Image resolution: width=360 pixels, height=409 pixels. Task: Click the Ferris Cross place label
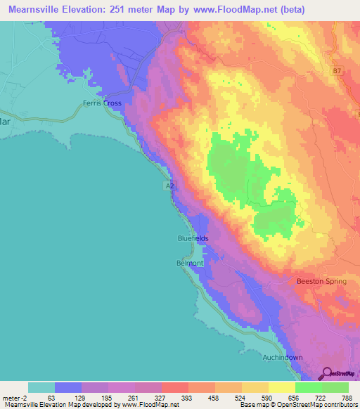coord(102,103)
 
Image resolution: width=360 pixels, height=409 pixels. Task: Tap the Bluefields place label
coord(192,239)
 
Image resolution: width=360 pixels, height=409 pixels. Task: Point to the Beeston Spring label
coord(321,281)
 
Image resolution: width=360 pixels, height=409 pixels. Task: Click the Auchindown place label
coord(283,358)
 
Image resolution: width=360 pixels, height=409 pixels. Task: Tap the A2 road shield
coord(169,186)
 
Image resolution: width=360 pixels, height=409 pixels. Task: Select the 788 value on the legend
coord(348,398)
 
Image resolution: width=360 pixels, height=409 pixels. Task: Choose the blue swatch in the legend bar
coord(68,387)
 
